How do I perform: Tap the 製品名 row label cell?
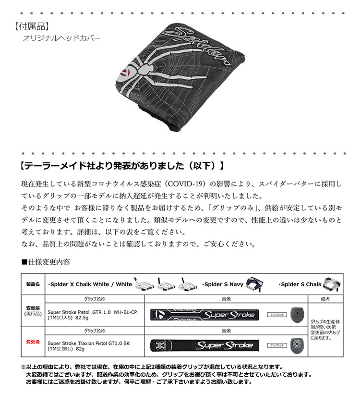(33, 284)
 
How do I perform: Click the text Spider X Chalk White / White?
(90, 284)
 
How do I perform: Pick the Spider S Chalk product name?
(301, 284)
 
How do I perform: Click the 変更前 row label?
(33, 309)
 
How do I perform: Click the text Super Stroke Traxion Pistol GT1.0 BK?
(88, 343)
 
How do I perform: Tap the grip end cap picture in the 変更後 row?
(296, 344)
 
